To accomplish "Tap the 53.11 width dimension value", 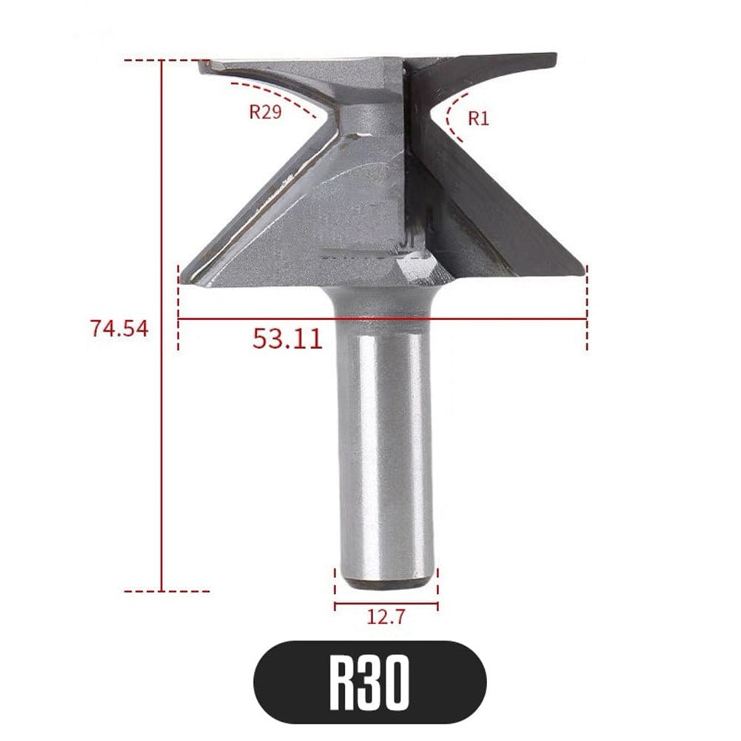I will (287, 339).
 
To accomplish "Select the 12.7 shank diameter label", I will (385, 616).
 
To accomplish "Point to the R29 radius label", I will (265, 113).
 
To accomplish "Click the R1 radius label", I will (479, 118).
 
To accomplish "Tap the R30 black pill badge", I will (370, 683).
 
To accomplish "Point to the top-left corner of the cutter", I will (201, 62).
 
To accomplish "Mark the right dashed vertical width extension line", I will (586, 311).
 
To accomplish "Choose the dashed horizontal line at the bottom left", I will (167, 591).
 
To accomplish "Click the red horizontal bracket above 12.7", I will (385, 605).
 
